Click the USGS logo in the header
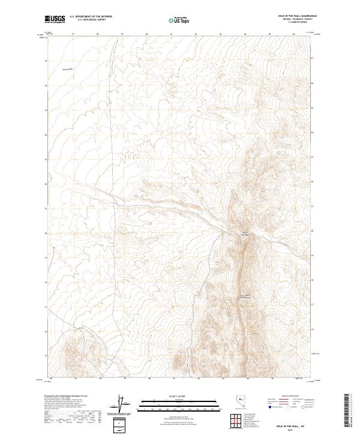[x=56, y=19]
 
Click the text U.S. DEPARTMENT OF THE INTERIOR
[x=91, y=17]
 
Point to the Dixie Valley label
[x=67, y=69]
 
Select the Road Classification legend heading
[x=291, y=397]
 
